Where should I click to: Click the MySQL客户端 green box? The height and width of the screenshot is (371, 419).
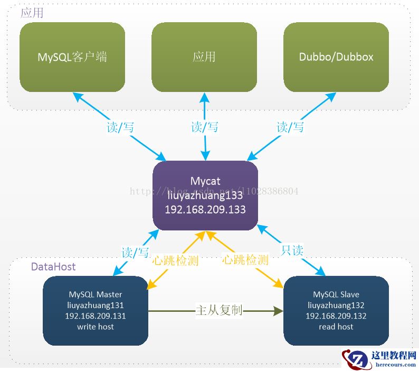72,57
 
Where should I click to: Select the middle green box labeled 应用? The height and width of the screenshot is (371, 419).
204,57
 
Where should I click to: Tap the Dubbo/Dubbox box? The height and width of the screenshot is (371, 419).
336,57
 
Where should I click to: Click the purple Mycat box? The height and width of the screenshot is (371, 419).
205,195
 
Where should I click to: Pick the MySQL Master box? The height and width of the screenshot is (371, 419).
96,310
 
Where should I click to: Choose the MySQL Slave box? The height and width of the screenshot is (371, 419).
336,310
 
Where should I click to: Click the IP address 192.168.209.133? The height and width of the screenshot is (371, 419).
205,209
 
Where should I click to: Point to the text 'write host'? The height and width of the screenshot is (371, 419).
96,327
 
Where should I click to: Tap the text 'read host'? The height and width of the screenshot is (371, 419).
336,327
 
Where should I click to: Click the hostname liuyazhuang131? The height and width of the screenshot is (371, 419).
96,305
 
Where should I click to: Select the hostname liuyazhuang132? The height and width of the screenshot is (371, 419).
336,305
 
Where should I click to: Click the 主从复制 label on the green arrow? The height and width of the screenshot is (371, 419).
218,310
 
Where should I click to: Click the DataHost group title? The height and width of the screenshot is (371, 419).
53,266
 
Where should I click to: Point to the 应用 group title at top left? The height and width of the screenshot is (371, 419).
32,13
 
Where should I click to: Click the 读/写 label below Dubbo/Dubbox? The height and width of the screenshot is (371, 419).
290,127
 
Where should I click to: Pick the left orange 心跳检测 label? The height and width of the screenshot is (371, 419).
175,260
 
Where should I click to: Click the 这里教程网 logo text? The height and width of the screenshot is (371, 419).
394,355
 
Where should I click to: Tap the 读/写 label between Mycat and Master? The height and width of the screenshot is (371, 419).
135,253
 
